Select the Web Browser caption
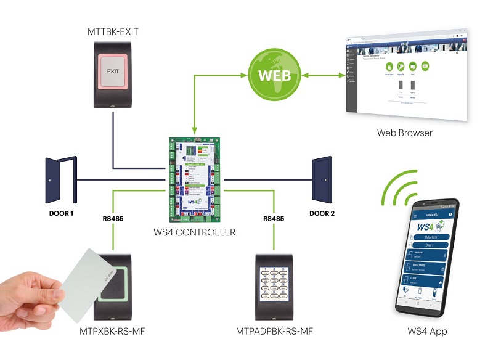pyautogui.click(x=404, y=133)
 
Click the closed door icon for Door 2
pyautogui.click(x=322, y=179)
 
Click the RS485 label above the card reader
pyautogui.click(x=113, y=218)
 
